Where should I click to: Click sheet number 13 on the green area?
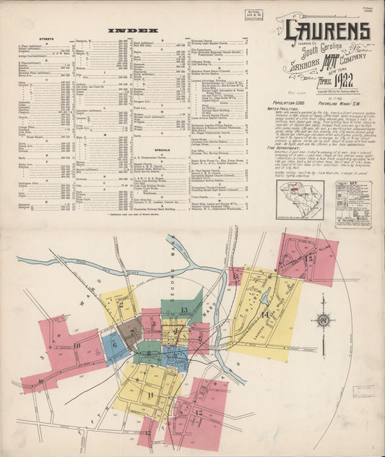pos(184,310)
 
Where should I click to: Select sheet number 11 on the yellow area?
pos(150,395)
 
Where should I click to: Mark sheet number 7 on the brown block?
pos(131,333)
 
